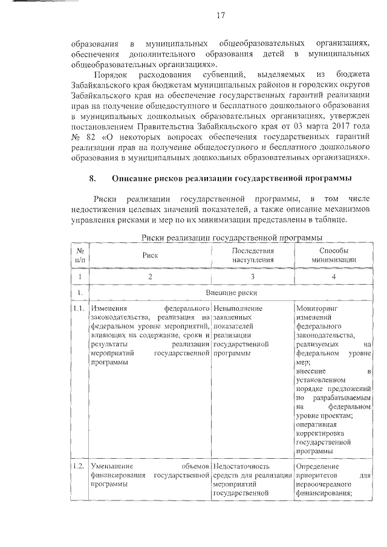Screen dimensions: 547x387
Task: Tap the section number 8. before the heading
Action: click(93, 178)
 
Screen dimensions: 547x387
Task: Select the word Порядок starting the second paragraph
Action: click(114, 74)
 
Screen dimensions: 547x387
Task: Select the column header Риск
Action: click(150, 254)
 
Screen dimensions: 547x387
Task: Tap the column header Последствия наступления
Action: click(253, 254)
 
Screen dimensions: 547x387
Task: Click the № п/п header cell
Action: click(79, 254)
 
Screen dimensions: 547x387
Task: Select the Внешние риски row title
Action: click(231, 293)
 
